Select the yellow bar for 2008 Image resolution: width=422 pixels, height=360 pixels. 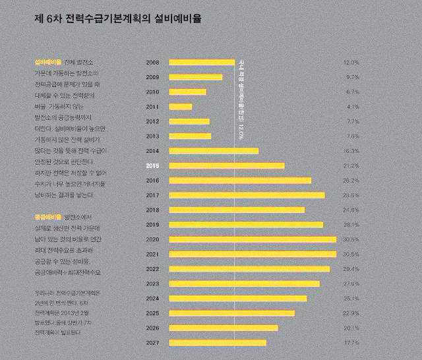[x=202, y=63]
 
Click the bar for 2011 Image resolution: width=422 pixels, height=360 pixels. [x=181, y=107]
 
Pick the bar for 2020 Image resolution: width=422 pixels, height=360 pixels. [x=253, y=239]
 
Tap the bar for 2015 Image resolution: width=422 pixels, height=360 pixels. [x=227, y=165]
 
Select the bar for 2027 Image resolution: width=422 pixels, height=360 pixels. [x=218, y=343]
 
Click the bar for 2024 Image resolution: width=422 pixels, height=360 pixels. [x=238, y=298]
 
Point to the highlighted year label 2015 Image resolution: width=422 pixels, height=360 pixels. [x=152, y=165]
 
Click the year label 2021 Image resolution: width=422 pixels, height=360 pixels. [x=152, y=254]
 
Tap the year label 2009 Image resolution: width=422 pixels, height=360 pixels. [x=152, y=77]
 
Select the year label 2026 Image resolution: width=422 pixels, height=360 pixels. [x=152, y=328]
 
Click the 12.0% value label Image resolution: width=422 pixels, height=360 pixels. [x=351, y=63]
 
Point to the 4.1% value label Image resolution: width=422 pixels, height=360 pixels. [x=352, y=107]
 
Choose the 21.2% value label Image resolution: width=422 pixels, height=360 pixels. [x=351, y=165]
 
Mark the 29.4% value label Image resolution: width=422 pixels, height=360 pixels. [x=351, y=269]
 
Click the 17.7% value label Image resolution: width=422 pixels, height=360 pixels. [x=351, y=343]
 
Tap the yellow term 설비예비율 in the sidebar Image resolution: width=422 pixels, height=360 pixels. [x=47, y=61]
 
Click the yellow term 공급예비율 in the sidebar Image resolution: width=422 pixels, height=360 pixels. [x=47, y=216]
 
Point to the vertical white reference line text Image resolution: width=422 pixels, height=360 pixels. [x=241, y=99]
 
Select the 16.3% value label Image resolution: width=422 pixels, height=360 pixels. [x=351, y=151]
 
